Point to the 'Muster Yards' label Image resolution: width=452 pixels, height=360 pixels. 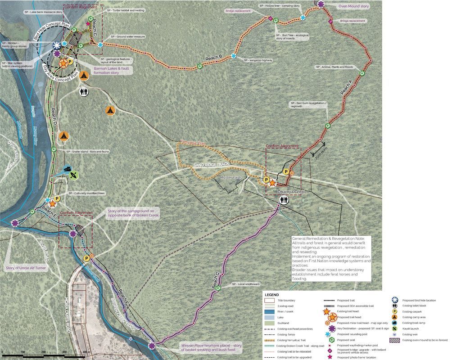(x=231, y=178)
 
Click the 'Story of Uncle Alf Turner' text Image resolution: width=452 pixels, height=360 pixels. (x=26, y=268)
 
